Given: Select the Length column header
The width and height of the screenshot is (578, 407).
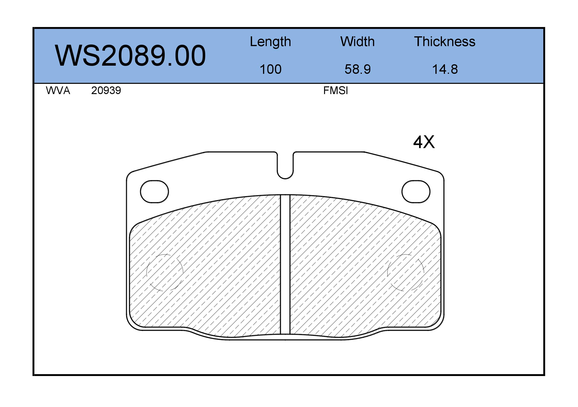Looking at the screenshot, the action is coord(270,41).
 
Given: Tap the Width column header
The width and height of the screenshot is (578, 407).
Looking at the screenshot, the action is coord(357,41).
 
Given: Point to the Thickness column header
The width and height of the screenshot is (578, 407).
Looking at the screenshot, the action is coord(445,41).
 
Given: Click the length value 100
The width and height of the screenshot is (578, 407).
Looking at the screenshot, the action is coord(270,69).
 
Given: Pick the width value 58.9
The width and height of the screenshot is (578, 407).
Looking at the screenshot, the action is coord(357,69).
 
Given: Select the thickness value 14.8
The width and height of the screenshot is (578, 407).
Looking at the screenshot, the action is coord(445,69).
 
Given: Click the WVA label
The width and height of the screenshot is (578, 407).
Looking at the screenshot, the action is coord(58,90).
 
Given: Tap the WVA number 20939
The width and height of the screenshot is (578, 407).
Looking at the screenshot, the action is coord(106,90).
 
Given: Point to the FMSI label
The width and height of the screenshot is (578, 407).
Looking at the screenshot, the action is coord(335,90).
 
